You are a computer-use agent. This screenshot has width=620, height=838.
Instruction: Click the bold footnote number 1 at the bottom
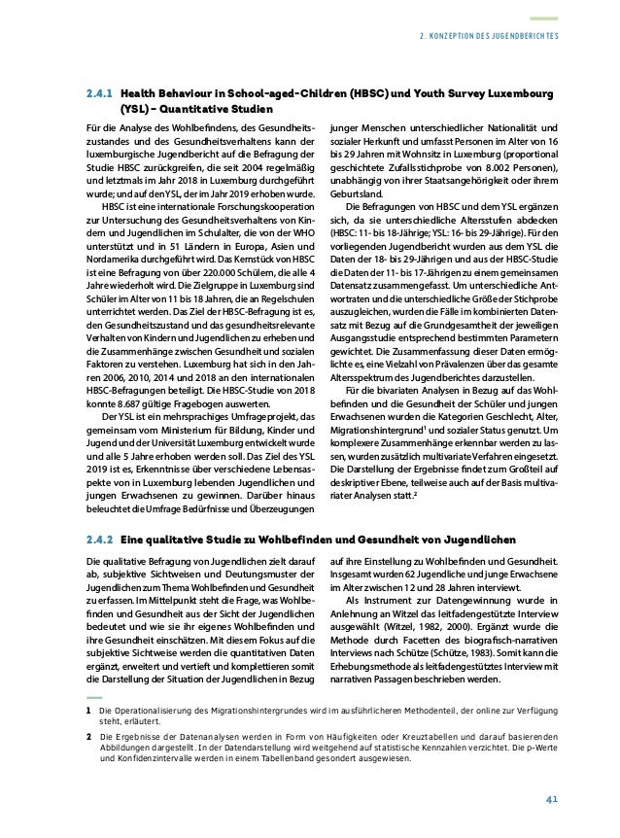click(88, 712)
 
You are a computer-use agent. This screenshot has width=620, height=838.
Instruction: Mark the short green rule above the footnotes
click(95, 697)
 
